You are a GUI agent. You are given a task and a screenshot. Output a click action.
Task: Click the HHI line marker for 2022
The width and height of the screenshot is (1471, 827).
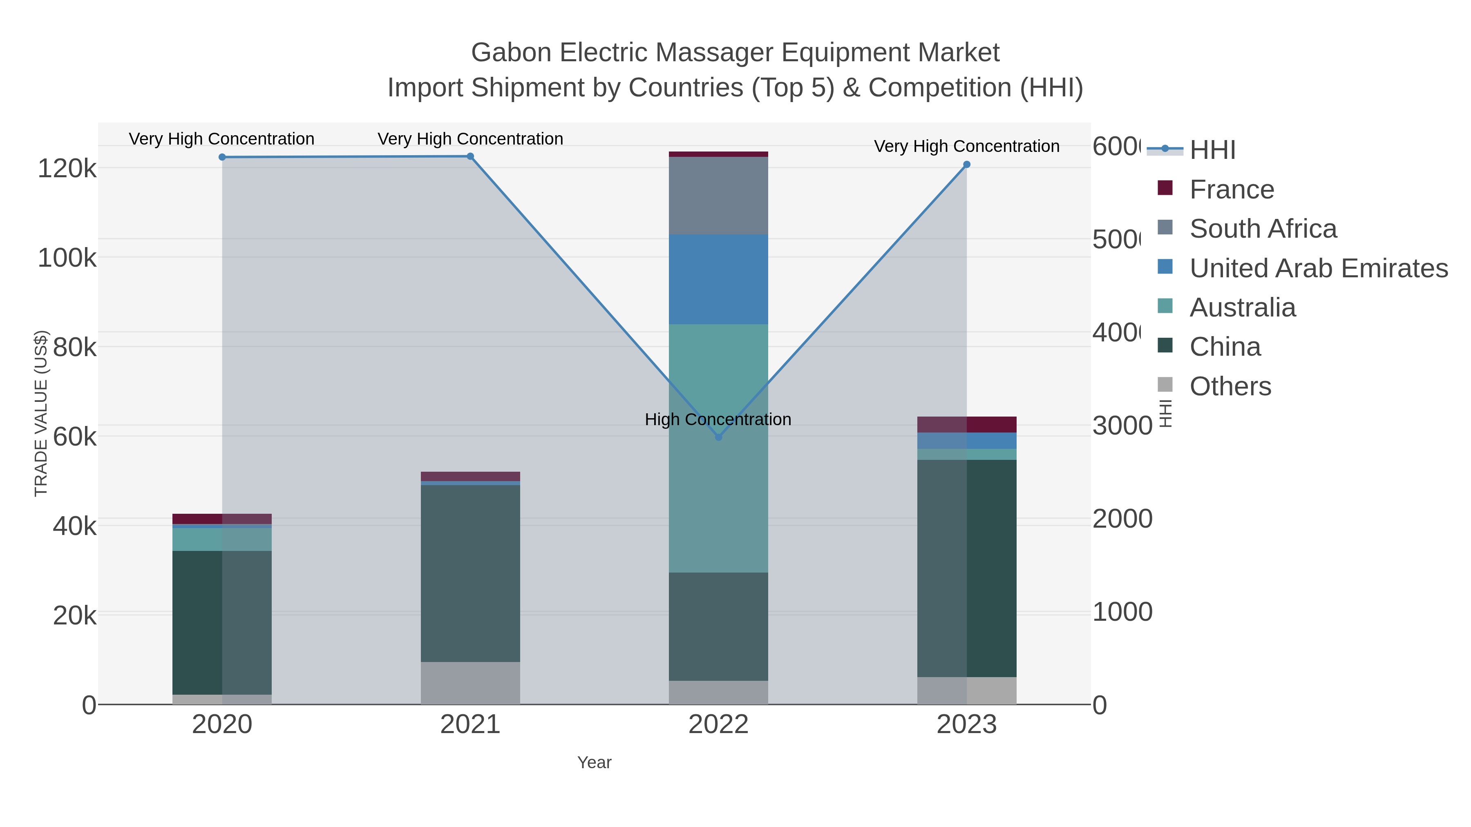tap(718, 437)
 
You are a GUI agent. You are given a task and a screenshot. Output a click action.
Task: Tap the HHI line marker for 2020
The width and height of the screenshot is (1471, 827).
tap(222, 157)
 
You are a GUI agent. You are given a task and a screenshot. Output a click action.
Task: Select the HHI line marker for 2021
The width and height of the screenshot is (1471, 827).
tap(470, 156)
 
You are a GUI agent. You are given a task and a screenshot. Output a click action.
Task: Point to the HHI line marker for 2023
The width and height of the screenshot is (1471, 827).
tap(967, 164)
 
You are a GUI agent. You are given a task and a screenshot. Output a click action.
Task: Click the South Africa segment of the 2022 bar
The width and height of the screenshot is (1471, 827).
tap(718, 195)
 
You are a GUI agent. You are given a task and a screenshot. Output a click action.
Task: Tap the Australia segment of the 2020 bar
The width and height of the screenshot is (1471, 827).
tap(222, 539)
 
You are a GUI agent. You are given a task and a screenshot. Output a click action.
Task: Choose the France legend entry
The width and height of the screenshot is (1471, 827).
tap(1231, 189)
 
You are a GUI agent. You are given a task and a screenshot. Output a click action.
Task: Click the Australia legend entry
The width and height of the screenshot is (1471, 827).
tap(1242, 308)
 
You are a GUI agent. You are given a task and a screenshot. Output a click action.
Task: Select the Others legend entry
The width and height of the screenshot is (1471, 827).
tap(1230, 386)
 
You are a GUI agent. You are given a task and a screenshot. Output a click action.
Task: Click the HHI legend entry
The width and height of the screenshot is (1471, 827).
tap(1212, 150)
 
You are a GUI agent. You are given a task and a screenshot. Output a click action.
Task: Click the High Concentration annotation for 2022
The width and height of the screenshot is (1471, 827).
tap(718, 419)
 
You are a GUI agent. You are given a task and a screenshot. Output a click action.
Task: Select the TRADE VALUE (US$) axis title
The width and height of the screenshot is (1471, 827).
tap(41, 413)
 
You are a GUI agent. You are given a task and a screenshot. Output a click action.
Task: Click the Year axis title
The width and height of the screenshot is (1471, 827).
tap(594, 762)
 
